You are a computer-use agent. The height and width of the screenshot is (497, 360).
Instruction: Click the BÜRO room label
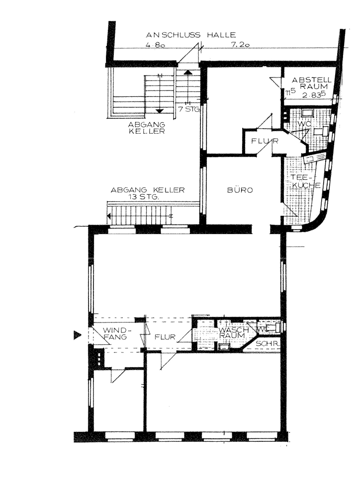click(240, 190)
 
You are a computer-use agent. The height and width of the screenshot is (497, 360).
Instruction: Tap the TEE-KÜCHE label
click(305, 181)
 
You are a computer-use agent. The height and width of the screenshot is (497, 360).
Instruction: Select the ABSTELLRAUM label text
click(311, 83)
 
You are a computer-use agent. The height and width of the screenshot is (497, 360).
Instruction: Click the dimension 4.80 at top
click(155, 45)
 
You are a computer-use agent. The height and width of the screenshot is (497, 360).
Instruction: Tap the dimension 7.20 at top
click(240, 45)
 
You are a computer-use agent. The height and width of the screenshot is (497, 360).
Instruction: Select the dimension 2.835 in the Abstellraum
click(314, 94)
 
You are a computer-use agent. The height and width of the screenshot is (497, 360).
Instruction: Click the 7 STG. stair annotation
click(189, 110)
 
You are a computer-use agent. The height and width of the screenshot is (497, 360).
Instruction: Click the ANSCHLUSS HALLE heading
click(190, 35)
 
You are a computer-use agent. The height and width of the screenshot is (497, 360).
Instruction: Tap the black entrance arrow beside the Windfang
click(77, 335)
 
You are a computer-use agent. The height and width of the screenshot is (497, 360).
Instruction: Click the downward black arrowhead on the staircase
click(160, 111)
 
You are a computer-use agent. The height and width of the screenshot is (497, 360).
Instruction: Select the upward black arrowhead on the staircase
click(188, 73)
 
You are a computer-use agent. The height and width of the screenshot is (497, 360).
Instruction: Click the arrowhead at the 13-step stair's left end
click(109, 216)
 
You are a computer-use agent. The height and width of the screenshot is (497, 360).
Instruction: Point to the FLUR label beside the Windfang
click(165, 336)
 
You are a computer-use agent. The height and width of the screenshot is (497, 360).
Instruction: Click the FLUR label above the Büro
click(265, 141)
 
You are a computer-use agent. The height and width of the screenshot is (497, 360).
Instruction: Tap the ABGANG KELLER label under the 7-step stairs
click(147, 127)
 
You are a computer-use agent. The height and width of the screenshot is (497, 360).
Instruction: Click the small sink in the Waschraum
click(225, 346)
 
